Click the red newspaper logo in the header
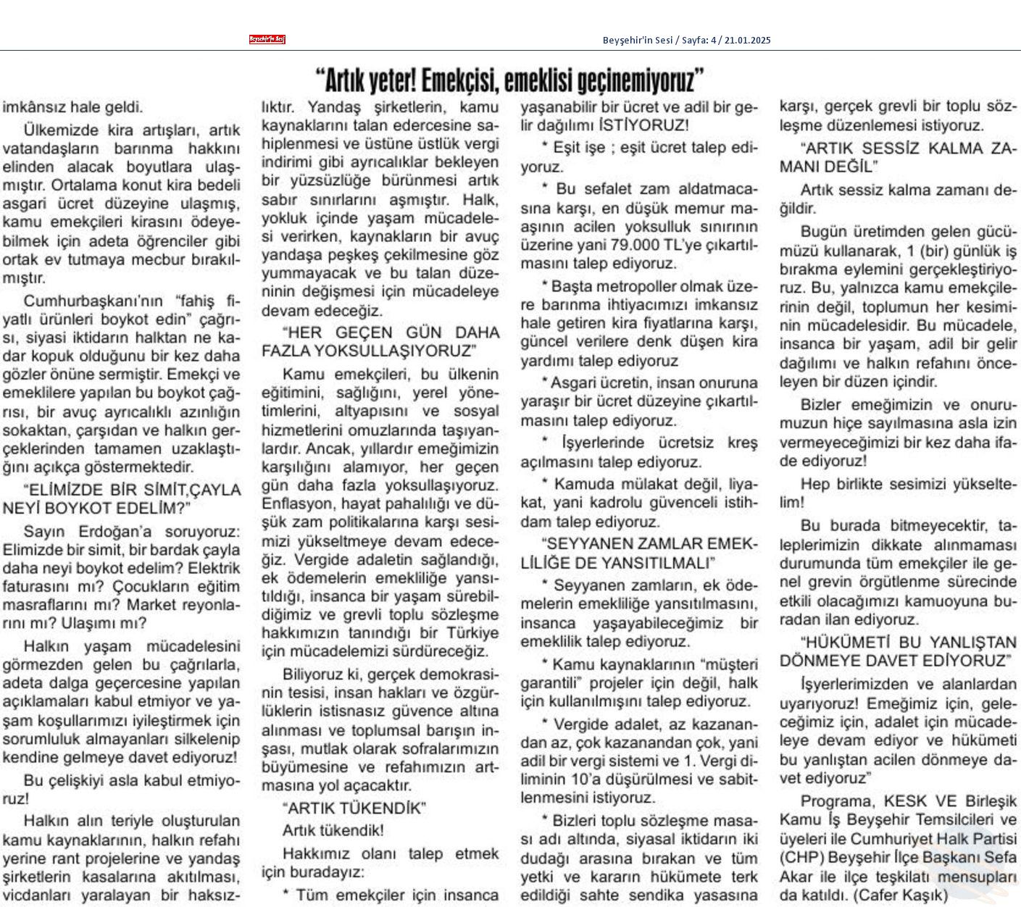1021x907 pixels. (x=267, y=40)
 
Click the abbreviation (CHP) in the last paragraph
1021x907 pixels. (x=801, y=857)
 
